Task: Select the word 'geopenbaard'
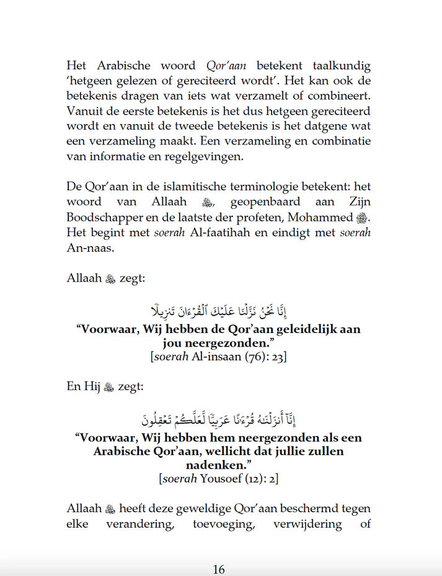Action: [x=256, y=203]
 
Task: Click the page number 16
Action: [x=218, y=569]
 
